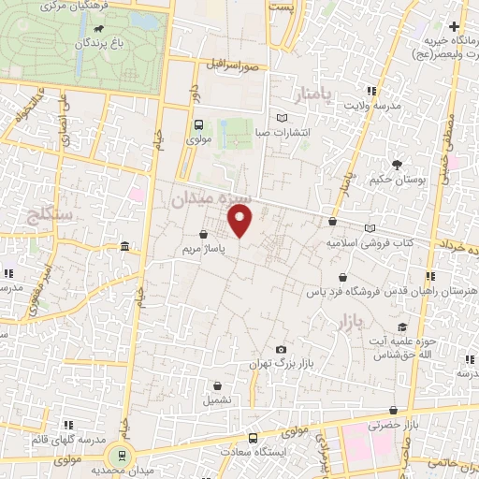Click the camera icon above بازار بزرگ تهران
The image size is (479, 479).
point(281,349)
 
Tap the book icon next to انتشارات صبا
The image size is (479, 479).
point(282,118)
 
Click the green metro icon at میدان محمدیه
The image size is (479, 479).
point(119,456)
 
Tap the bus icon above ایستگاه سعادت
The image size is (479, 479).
point(252,438)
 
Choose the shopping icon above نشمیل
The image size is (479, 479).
point(218,385)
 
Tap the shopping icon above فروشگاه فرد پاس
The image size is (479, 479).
point(344,278)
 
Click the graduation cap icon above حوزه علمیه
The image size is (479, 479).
point(402,327)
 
